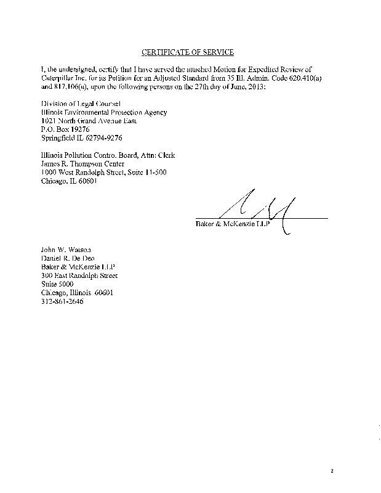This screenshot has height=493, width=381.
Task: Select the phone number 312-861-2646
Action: [62, 303]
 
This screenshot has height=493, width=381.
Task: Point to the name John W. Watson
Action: [65, 250]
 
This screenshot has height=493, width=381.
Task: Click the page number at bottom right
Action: [331, 472]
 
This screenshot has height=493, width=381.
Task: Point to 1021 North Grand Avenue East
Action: [88, 121]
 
